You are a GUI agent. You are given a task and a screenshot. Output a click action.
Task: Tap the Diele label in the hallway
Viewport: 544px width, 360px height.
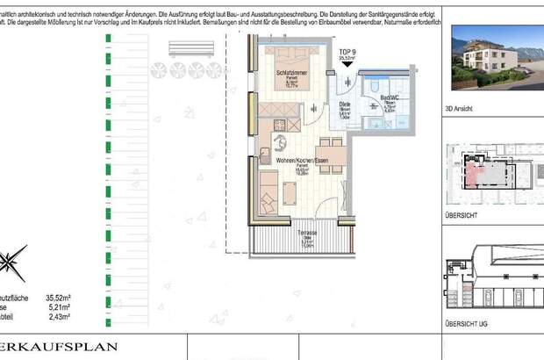(x=345, y=104)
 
